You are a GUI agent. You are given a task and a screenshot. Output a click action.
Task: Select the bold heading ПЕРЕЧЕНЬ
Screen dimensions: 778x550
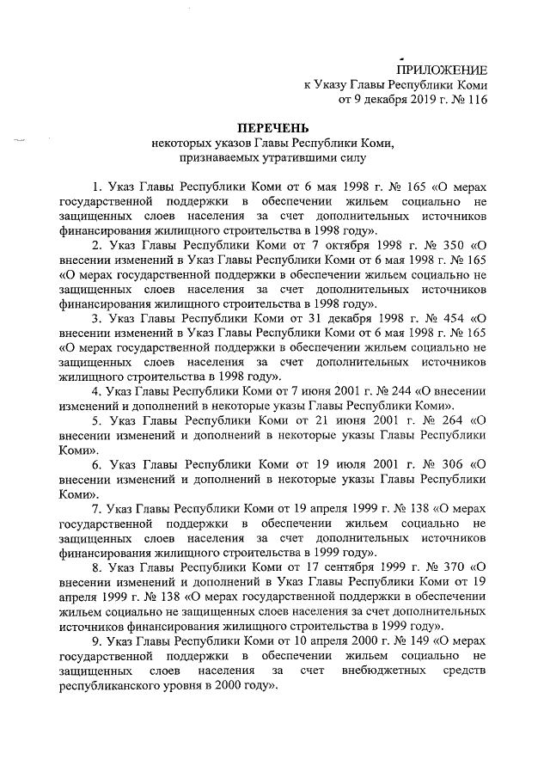(272, 128)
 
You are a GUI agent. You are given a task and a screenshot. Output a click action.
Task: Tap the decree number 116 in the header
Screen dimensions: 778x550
(474, 100)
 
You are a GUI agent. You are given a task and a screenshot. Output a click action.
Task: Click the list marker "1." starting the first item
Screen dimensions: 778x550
(96, 185)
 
